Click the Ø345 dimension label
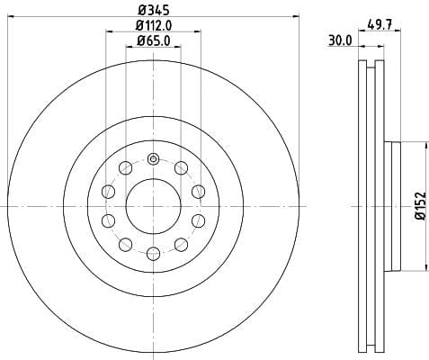tap(154, 10)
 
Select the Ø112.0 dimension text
tap(154, 25)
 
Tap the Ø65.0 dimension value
tap(154, 40)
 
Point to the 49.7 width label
tap(380, 25)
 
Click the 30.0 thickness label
tap(340, 40)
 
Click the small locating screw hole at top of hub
tap(153, 158)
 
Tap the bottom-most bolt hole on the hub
tap(153, 254)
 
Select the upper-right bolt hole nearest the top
tap(181, 167)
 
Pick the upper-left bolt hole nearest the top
tap(125, 167)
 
